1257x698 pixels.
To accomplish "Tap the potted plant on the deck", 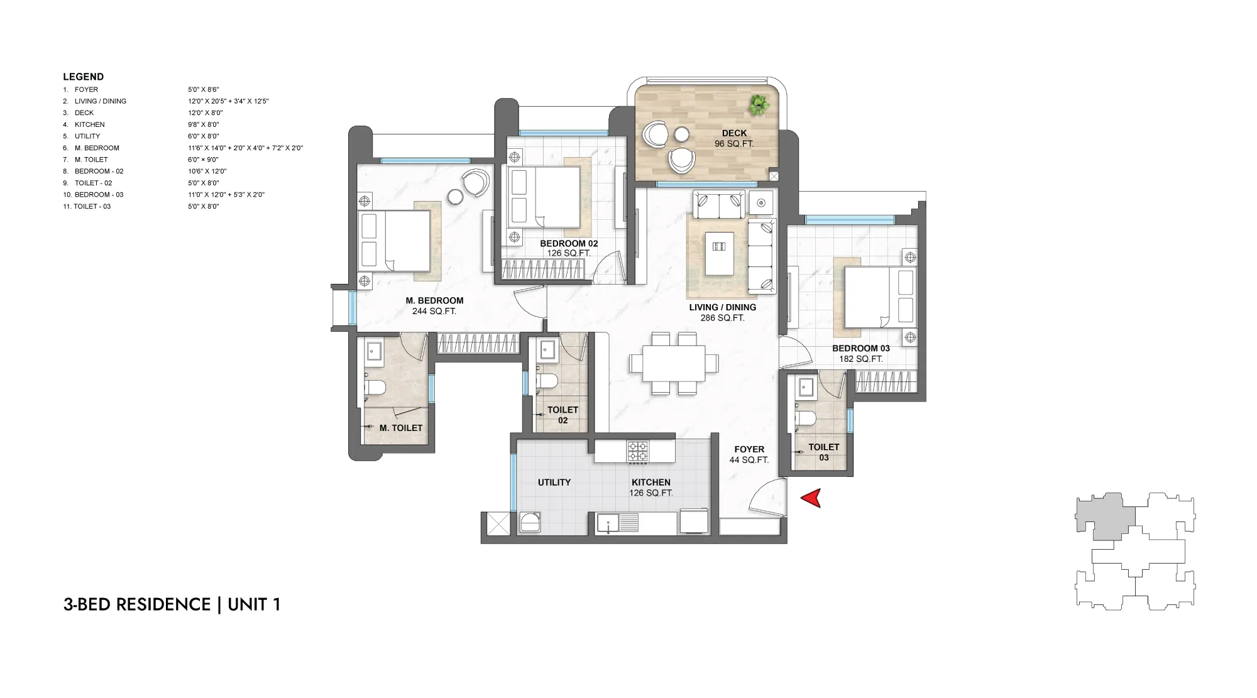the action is coord(759,104).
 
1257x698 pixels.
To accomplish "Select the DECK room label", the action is coord(734,133).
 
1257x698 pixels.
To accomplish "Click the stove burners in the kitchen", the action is coord(638,451).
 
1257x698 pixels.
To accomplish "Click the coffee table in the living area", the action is coord(719,254).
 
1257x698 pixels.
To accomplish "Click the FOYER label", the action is coord(749,449).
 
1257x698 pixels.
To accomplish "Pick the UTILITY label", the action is coord(554,483).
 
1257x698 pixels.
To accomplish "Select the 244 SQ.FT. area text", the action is coord(434,311).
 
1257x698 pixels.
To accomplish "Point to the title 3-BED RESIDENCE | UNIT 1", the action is coord(172,604).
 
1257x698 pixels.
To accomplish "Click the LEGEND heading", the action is coord(83,77).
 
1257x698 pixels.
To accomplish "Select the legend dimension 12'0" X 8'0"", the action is coord(205,112).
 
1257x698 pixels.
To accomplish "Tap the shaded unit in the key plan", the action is coord(1105,516).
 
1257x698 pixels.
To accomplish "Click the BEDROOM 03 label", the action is coord(861,348).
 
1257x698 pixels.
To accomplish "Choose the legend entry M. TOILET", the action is coord(91,160).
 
